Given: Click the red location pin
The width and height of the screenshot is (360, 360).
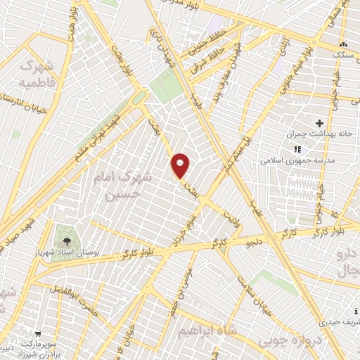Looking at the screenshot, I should pyautogui.click(x=181, y=166).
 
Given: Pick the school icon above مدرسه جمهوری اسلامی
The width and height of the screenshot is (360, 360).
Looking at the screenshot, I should pyautogui.click(x=297, y=149).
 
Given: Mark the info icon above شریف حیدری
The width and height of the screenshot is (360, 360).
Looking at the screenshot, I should pyautogui.click(x=357, y=311).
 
